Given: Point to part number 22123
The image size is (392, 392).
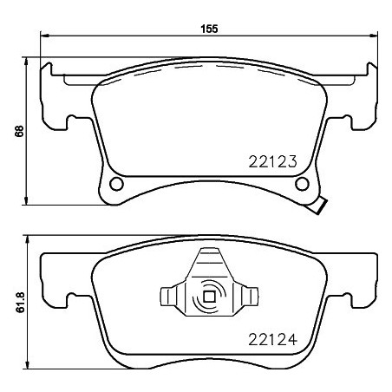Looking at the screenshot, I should [272, 161].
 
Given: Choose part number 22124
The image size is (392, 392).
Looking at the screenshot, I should [272, 338].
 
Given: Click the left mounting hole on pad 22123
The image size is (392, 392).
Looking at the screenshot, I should [116, 184].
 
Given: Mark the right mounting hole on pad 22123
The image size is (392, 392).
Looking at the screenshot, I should [301, 184].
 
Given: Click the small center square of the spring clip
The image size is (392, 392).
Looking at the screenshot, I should [209, 297].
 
